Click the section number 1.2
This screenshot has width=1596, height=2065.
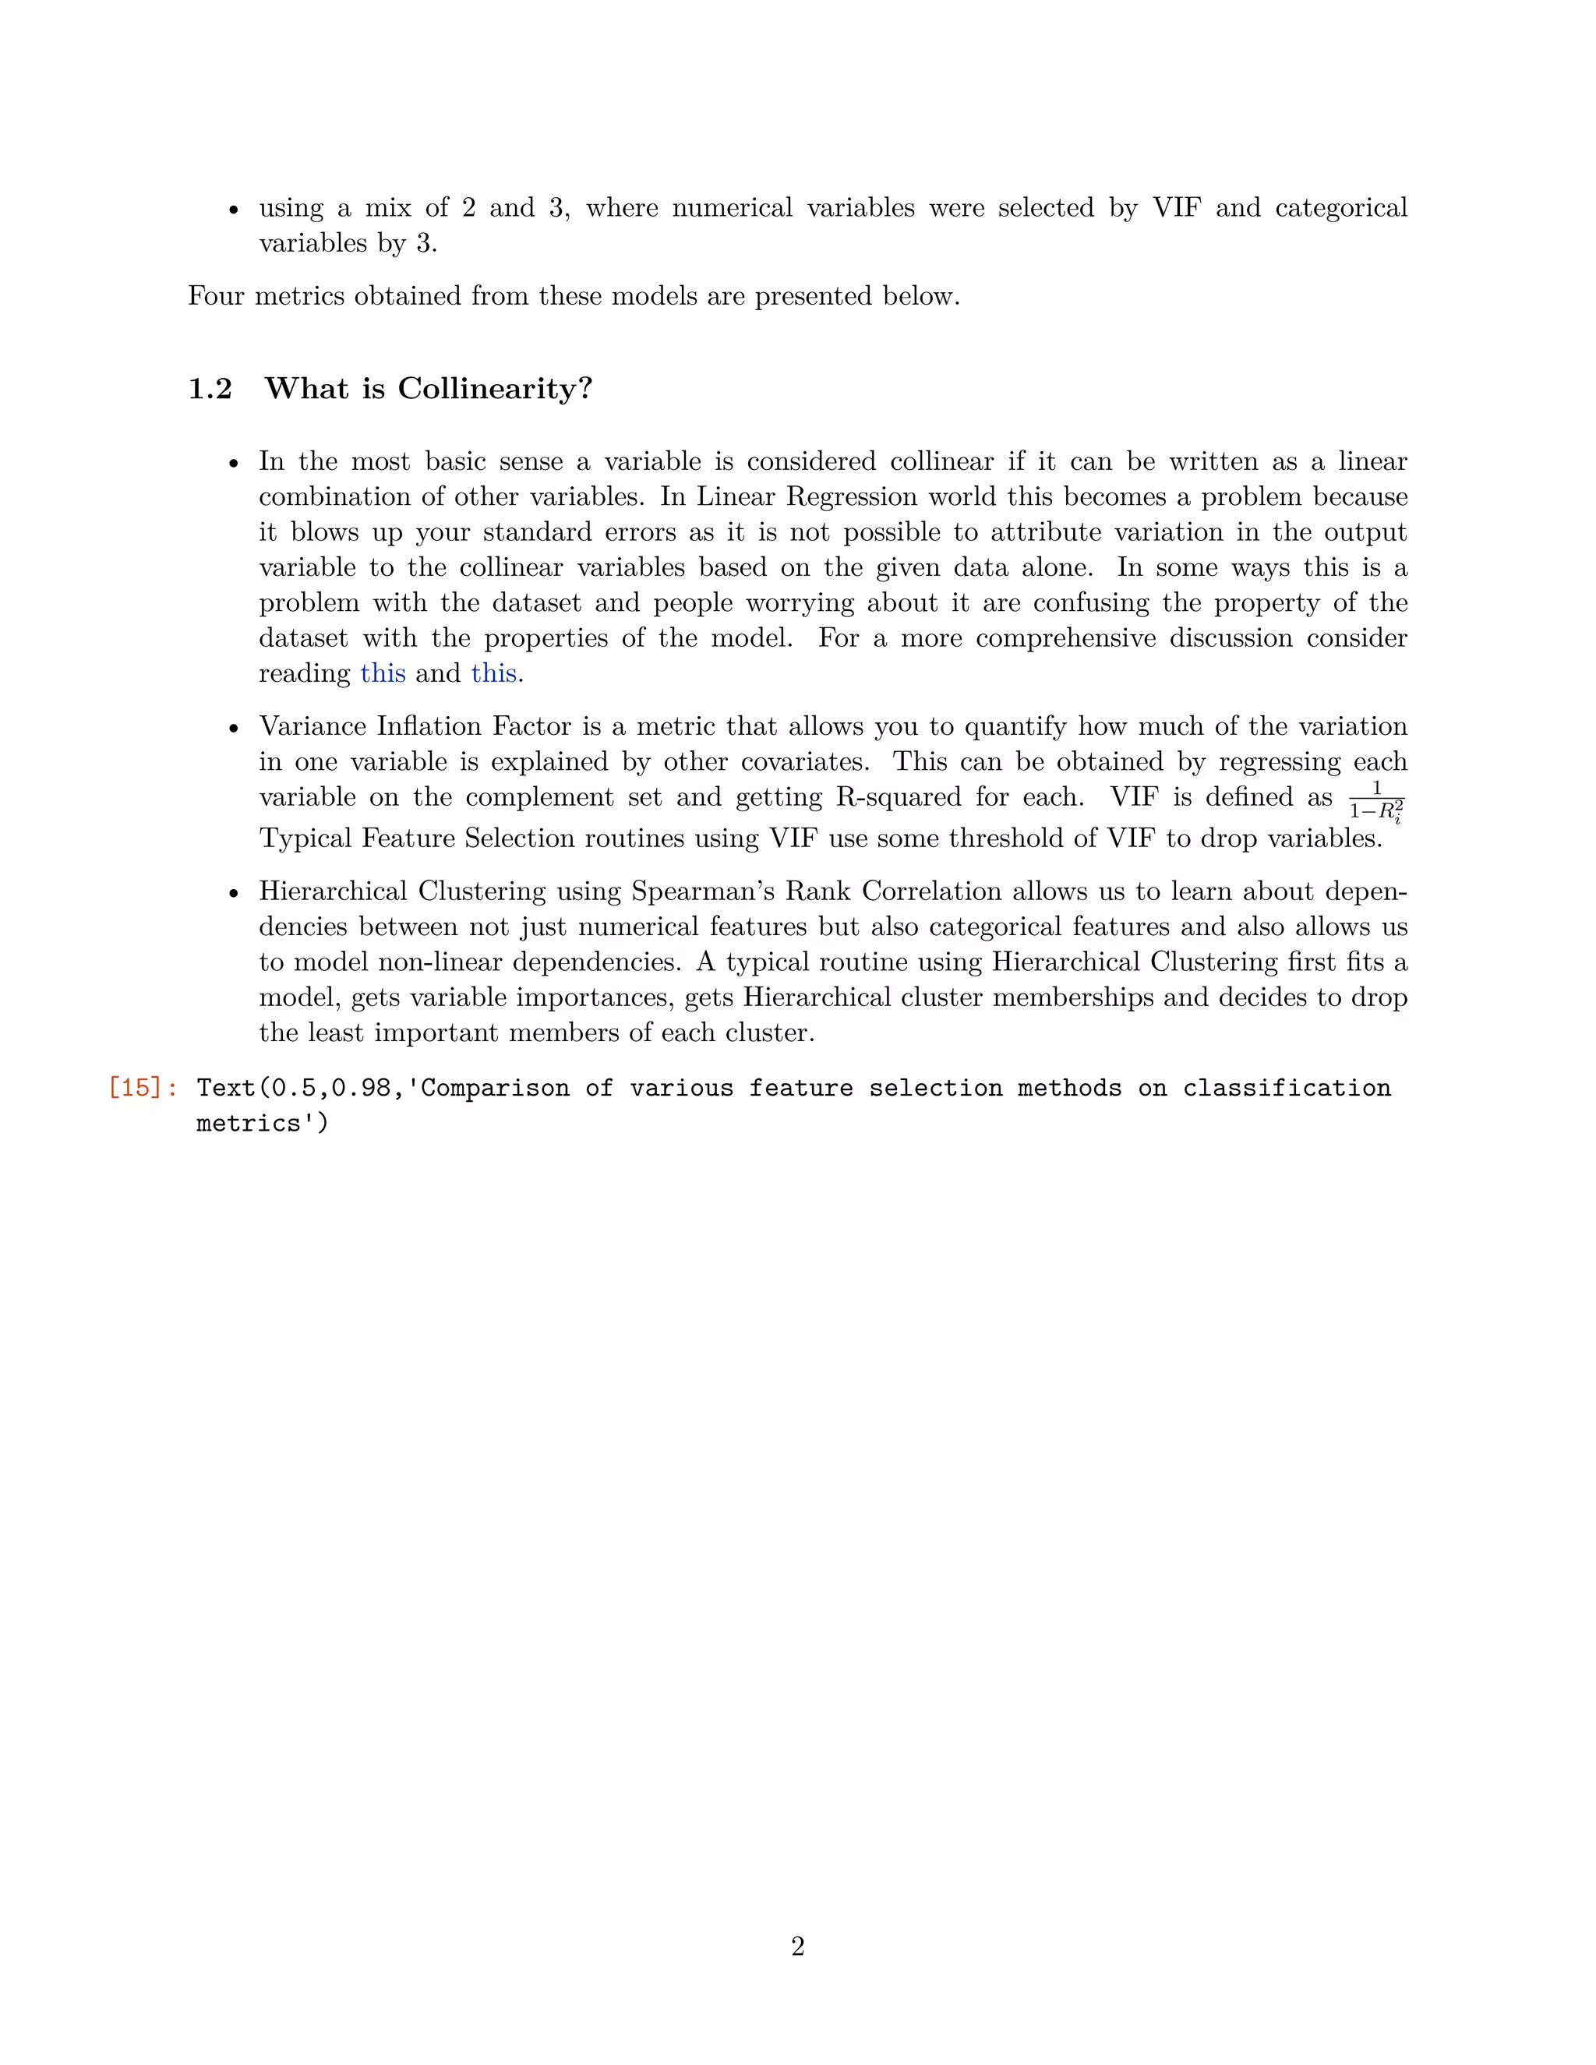tap(210, 389)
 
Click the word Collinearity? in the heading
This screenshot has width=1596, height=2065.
tap(495, 389)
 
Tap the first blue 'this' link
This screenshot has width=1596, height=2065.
tap(383, 673)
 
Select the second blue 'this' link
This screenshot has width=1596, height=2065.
tap(493, 673)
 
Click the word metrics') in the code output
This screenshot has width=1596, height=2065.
tap(262, 1122)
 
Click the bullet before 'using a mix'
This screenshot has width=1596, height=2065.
tap(234, 210)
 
